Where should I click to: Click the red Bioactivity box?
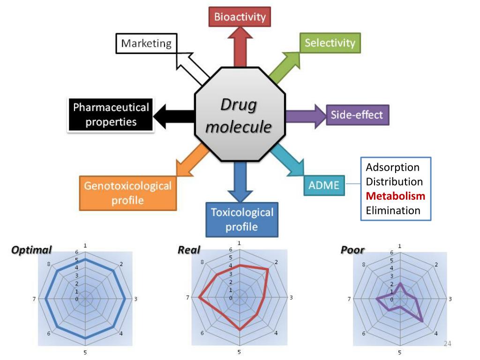(x=240, y=17)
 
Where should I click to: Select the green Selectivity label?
(x=330, y=43)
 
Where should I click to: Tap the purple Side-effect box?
(x=357, y=115)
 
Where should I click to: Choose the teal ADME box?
(x=324, y=185)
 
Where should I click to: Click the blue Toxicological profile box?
(x=242, y=219)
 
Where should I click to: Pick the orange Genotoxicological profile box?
(x=127, y=193)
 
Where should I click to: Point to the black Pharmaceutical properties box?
(x=111, y=115)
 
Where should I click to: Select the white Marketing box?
(x=146, y=44)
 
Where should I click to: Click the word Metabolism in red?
(x=396, y=196)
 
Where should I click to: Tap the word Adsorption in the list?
(x=392, y=167)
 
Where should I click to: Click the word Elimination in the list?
(x=393, y=210)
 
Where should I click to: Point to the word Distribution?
(x=394, y=181)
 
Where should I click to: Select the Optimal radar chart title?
(x=31, y=250)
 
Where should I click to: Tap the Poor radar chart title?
(x=352, y=250)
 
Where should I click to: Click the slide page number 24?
(x=447, y=344)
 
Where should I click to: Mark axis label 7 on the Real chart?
(x=187, y=298)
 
